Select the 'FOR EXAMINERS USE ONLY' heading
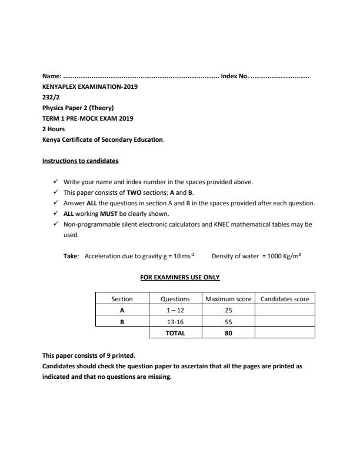179,277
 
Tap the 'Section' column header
122,299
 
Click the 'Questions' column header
175,299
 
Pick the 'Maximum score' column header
228,299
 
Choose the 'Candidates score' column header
285,299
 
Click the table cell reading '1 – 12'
175,310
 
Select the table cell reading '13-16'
175,322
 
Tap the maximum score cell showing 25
228,310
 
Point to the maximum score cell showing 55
228,322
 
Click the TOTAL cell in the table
175,333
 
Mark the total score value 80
228,333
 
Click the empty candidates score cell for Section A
285,310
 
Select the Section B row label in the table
122,322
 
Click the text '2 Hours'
54,129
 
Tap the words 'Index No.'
235,76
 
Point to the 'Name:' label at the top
52,76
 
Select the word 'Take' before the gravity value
71,256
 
